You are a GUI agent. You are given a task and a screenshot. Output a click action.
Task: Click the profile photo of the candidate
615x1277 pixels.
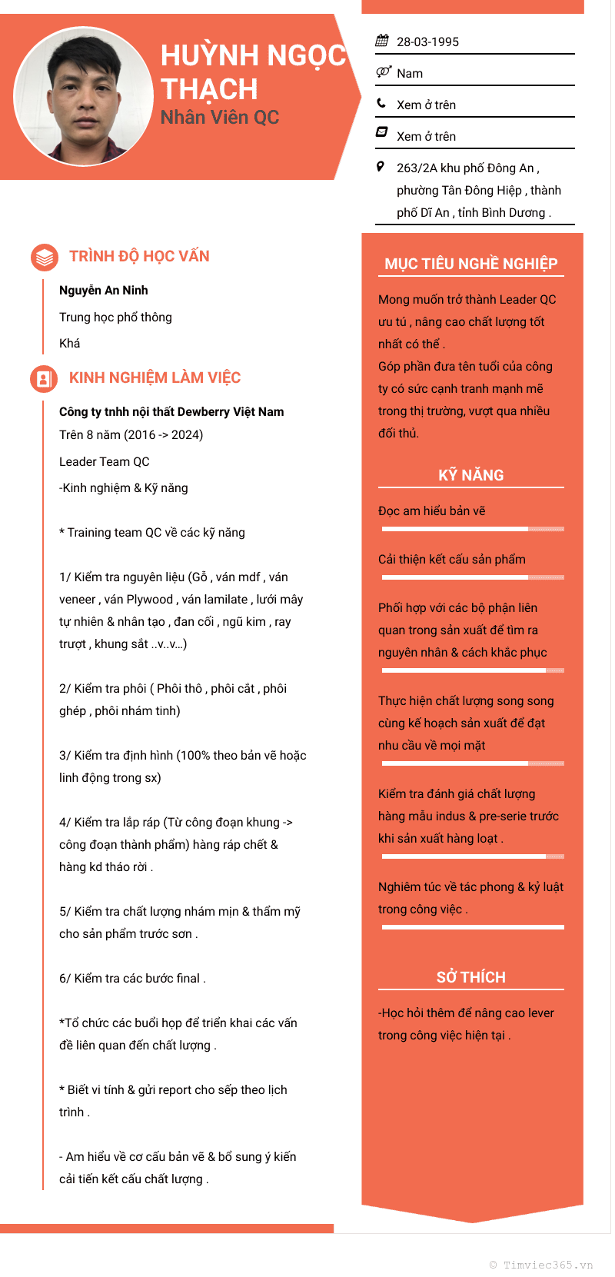(x=84, y=96)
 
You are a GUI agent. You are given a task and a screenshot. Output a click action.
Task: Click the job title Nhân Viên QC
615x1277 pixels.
(x=219, y=118)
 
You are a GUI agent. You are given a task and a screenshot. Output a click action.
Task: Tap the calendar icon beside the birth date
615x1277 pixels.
(x=382, y=41)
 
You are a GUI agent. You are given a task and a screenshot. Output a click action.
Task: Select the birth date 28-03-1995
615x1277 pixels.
(x=427, y=42)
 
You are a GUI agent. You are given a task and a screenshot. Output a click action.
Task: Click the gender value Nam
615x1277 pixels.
(x=410, y=73)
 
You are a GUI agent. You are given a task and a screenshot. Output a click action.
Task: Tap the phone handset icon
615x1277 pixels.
(x=381, y=103)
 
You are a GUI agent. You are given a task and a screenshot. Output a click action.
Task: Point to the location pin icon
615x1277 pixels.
(x=381, y=166)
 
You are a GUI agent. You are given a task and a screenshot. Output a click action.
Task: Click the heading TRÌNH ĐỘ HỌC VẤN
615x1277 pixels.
(x=139, y=256)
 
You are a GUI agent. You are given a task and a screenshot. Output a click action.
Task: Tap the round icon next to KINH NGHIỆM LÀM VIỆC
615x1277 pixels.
(x=44, y=378)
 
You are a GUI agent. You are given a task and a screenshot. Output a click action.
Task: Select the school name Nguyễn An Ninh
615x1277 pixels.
(x=104, y=290)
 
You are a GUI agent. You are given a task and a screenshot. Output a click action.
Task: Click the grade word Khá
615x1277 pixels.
(x=70, y=343)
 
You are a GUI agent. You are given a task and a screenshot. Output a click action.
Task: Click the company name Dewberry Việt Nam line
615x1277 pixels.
(x=171, y=411)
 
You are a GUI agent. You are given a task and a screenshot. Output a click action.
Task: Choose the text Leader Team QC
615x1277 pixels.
(x=105, y=461)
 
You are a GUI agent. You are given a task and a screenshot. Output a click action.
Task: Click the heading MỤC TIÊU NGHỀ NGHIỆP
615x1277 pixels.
(x=470, y=264)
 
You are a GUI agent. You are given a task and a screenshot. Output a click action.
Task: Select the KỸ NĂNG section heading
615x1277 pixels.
(x=470, y=475)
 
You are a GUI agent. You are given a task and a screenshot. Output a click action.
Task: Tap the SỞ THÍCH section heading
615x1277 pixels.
(x=470, y=977)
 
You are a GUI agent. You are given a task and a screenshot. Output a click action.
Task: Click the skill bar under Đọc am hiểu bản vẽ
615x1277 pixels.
(x=472, y=529)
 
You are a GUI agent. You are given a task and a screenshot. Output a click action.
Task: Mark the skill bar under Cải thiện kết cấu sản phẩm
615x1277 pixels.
(x=472, y=577)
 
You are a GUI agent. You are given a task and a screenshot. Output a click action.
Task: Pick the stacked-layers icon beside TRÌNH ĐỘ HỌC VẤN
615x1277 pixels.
(x=44, y=257)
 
